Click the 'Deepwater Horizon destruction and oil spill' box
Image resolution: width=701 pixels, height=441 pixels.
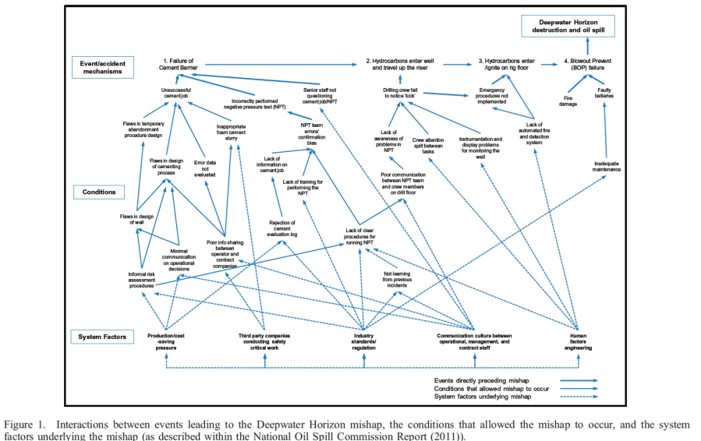[x=568, y=26]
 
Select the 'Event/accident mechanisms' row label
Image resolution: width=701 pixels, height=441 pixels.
[x=102, y=68]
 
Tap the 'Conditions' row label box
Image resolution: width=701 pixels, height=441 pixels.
[x=99, y=192]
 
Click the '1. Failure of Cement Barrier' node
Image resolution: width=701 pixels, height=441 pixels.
[x=179, y=64]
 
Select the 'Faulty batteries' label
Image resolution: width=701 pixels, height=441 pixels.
[x=604, y=93]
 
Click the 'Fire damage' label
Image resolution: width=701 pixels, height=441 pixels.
[x=568, y=101]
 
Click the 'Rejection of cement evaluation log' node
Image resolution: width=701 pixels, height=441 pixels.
[x=282, y=228]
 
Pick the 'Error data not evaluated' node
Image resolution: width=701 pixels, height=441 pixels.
[x=204, y=168]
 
